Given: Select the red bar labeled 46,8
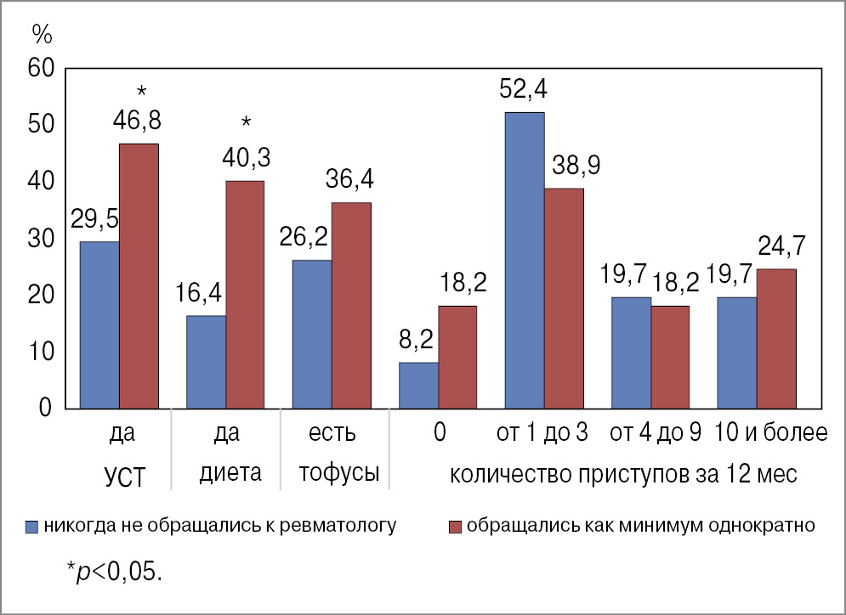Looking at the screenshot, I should (x=139, y=276).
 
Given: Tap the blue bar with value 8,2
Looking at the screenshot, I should (x=418, y=386).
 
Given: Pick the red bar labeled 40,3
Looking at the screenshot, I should (x=245, y=295).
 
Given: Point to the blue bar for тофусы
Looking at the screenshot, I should (x=311, y=334).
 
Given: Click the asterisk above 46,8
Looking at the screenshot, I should (x=141, y=92).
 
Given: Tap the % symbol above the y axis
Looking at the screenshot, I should (x=43, y=33).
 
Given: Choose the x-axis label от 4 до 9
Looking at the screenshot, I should (x=655, y=434).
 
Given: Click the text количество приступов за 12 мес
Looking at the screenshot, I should (x=623, y=474).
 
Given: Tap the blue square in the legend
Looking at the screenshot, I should (x=33, y=526).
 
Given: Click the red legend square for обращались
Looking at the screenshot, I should (x=456, y=526).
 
